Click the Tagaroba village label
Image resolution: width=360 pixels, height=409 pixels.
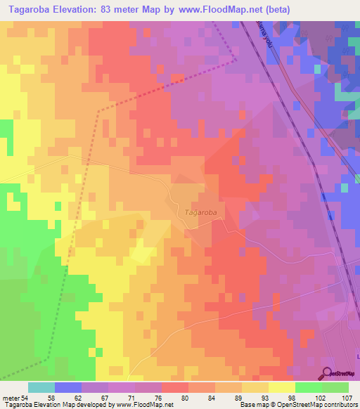200,212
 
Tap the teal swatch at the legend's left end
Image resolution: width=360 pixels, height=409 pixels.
41,387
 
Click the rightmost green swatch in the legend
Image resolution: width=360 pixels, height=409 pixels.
335,387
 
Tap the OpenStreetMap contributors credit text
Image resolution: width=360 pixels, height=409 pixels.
320,405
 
